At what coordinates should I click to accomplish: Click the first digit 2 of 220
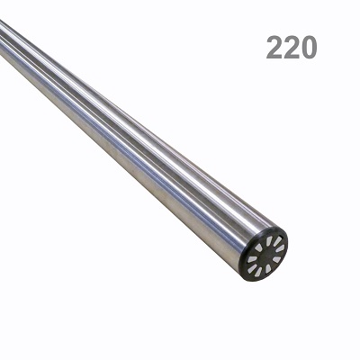point(274,47)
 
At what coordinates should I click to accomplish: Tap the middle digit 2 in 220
point(292,47)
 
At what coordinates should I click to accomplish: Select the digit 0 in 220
point(309,47)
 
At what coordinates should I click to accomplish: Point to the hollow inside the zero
point(309,47)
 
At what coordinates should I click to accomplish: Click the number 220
point(292,47)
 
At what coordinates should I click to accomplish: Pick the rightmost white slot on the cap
point(280,248)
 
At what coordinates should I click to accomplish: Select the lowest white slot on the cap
point(258,272)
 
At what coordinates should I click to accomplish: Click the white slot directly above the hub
point(269,241)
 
